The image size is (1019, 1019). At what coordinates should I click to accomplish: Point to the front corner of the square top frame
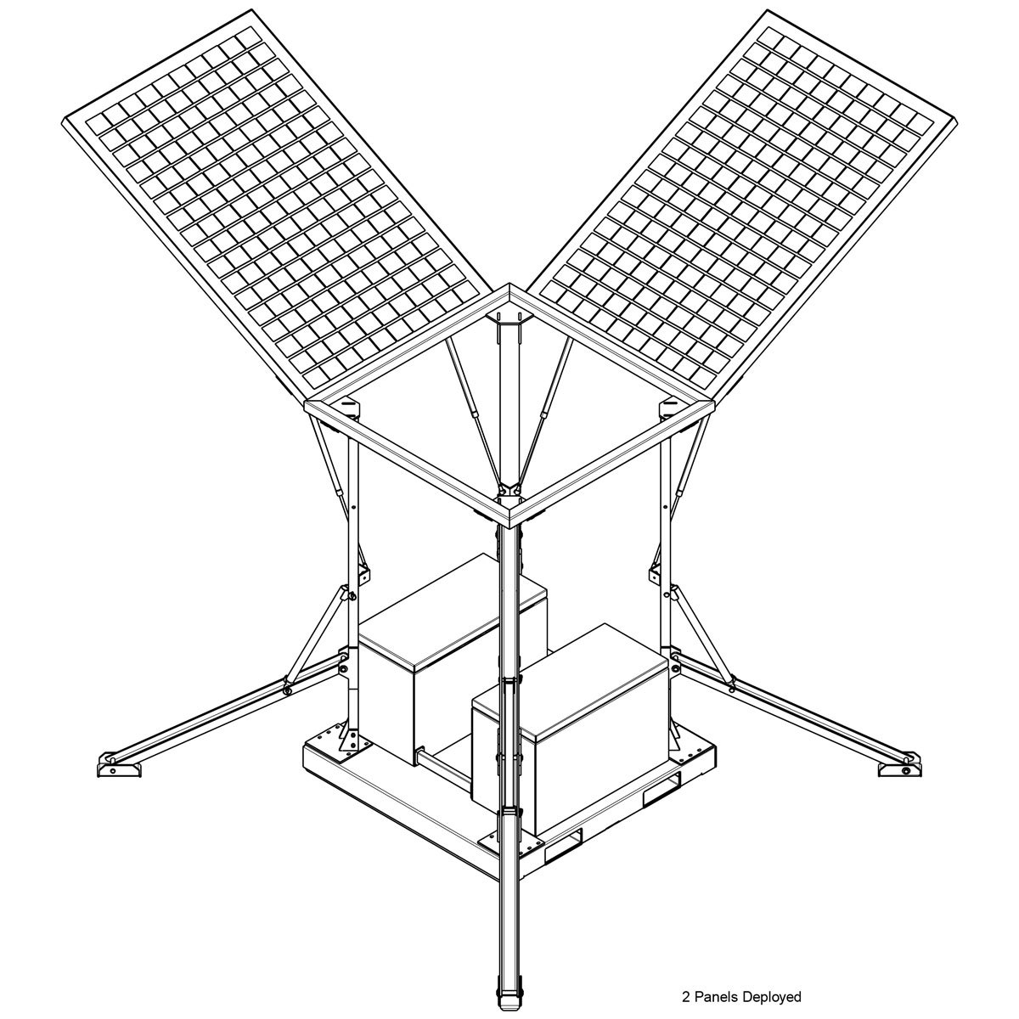click(509, 515)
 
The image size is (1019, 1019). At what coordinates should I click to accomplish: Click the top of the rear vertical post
click(509, 323)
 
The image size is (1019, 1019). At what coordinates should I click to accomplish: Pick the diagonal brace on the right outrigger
click(703, 633)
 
